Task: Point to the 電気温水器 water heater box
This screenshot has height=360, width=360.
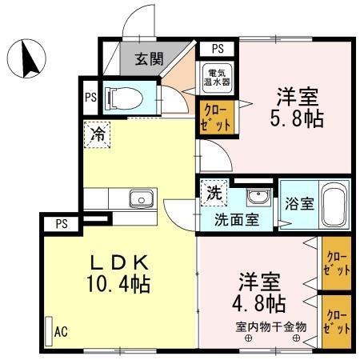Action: pos(215,76)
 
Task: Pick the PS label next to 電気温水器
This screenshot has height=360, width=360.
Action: pos(218,48)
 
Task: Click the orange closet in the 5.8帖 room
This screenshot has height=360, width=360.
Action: pos(216,117)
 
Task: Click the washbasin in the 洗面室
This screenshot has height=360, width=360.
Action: pos(257,198)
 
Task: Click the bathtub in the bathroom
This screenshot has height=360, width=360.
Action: pos(334,205)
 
